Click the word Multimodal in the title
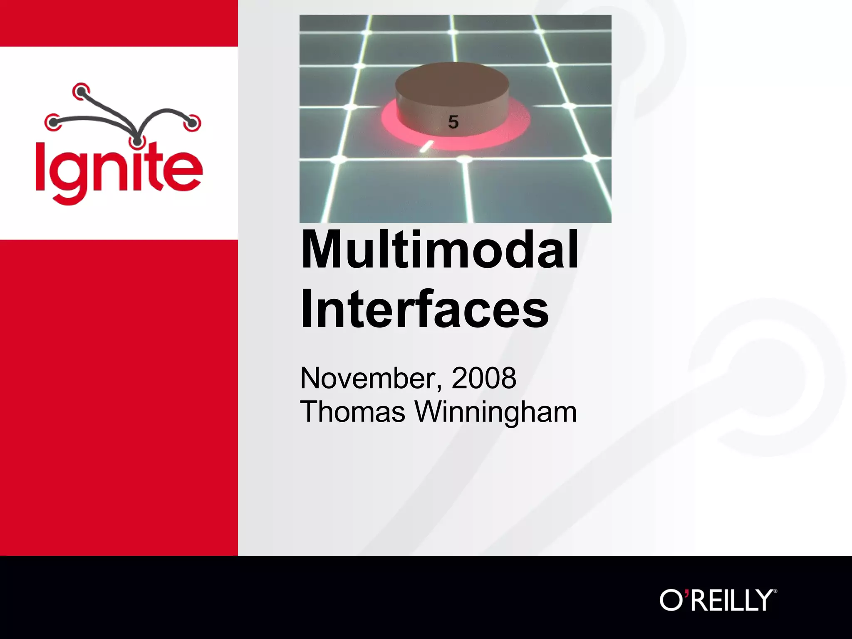tap(439, 250)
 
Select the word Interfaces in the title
tap(424, 309)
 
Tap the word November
tap(368, 378)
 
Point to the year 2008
tap(483, 378)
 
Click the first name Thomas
tap(352, 412)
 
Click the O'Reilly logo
tap(717, 600)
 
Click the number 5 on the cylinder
tap(453, 122)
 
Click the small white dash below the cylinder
tap(426, 146)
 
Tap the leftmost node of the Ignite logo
tap(52, 122)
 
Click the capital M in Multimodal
tap(324, 250)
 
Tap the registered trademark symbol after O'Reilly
tap(774, 591)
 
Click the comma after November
tap(440, 388)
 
